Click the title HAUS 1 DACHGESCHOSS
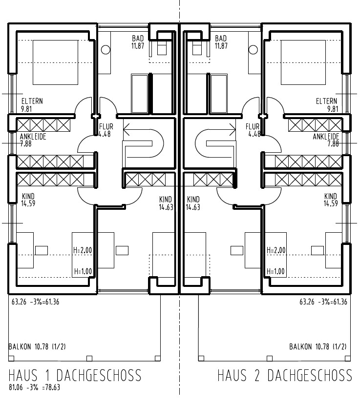point(75,375)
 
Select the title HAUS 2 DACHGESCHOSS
point(284,375)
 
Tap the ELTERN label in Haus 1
point(32,101)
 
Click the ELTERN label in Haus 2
point(327,101)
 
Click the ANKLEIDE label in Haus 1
point(33,137)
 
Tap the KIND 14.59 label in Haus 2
point(331,197)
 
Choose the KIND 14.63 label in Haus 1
point(166,200)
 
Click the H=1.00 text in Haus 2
point(276,271)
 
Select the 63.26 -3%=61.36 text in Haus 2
point(323,302)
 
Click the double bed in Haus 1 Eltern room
point(55,62)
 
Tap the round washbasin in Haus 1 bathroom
point(106,50)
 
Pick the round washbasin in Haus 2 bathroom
point(253,50)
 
